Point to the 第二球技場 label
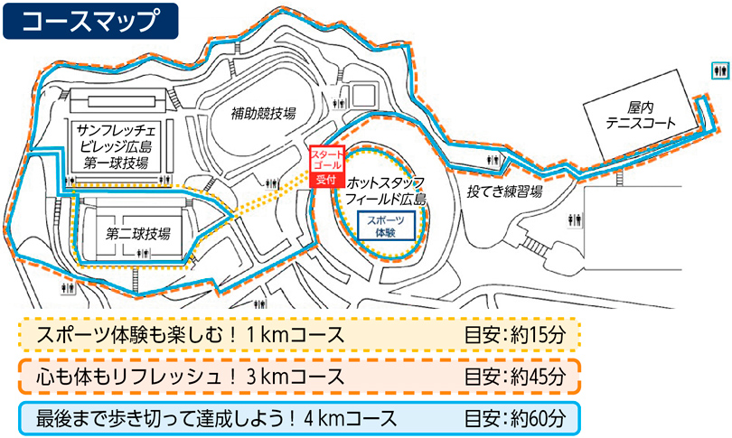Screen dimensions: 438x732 (138, 234)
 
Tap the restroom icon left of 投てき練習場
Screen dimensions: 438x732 (493, 156)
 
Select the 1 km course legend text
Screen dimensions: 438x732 (191, 335)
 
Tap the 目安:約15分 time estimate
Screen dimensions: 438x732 (514, 335)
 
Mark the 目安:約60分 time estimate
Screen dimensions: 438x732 (514, 417)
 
